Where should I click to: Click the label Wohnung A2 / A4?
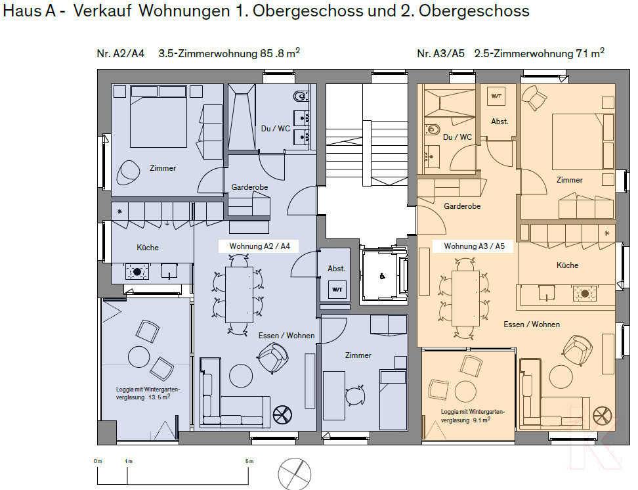(x=259, y=246)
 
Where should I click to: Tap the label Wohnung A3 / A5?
(x=474, y=246)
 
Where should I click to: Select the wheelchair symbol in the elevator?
(x=382, y=277)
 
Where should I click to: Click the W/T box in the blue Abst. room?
(x=337, y=290)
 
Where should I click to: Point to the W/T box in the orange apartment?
(x=496, y=96)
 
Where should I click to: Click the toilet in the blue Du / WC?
(x=301, y=97)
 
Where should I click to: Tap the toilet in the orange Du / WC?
(x=433, y=130)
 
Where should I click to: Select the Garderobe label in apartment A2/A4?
(x=249, y=187)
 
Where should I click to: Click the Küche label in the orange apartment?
(x=567, y=265)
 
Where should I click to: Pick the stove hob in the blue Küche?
(x=137, y=272)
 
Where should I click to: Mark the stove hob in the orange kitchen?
(x=585, y=293)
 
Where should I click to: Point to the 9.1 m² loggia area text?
(x=481, y=420)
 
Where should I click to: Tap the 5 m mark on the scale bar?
(x=249, y=462)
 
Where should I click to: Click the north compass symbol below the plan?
(x=294, y=474)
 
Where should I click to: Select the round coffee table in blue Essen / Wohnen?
(x=241, y=376)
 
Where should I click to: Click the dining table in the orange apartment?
(x=465, y=298)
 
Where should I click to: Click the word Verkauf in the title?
(x=102, y=11)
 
